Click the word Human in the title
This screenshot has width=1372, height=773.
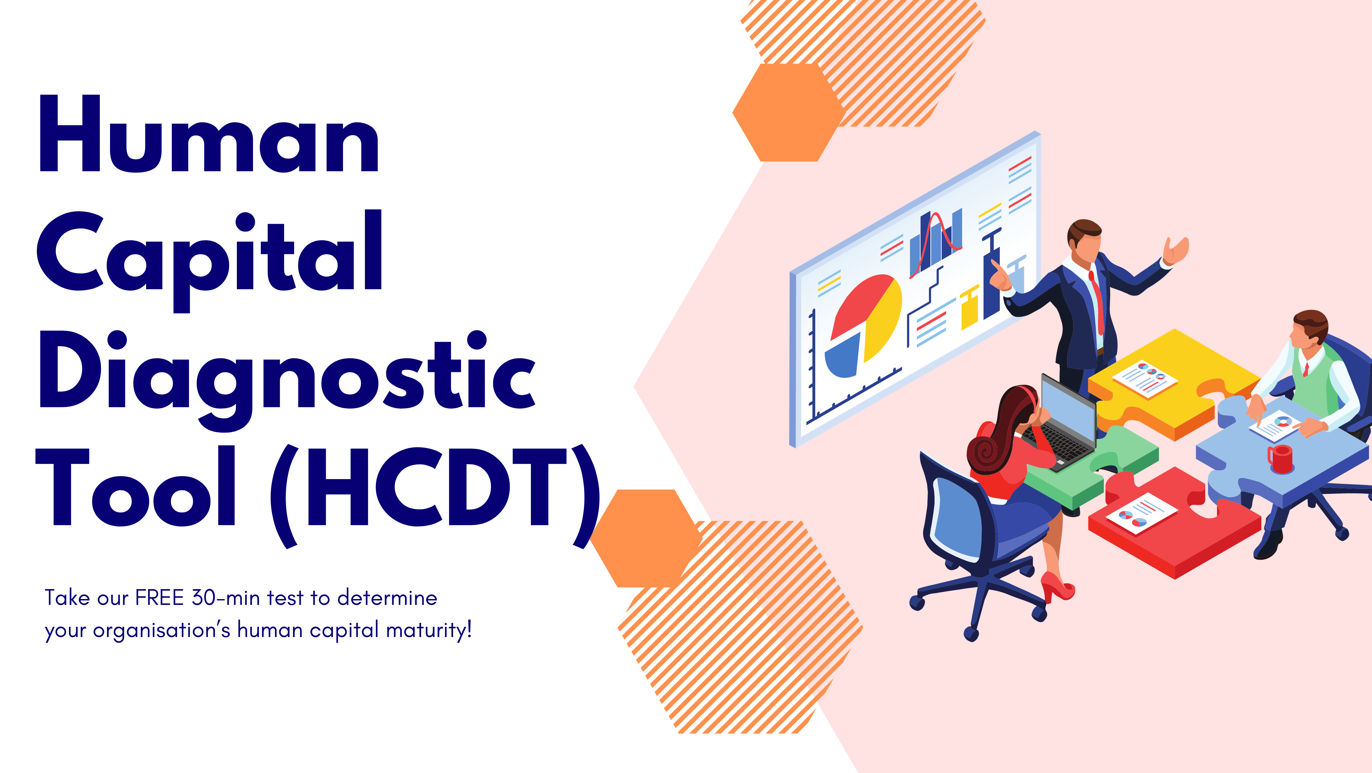click(x=209, y=134)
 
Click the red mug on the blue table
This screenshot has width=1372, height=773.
click(x=1280, y=459)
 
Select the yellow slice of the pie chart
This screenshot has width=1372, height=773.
click(x=884, y=319)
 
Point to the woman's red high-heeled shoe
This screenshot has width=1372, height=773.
click(x=1057, y=588)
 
